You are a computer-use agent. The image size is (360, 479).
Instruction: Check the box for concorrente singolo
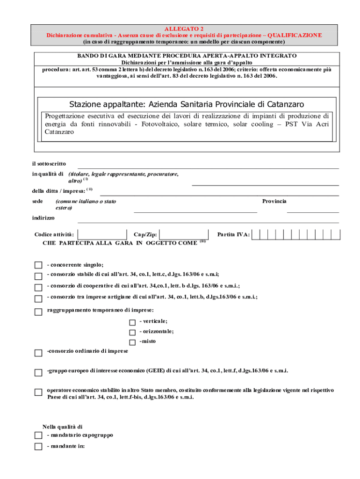[x=38, y=265]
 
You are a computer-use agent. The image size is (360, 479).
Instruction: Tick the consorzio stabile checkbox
[x=38, y=276]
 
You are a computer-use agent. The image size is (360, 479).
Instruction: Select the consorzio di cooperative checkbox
[x=38, y=287]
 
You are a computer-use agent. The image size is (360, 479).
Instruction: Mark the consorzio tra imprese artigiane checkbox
[x=38, y=298]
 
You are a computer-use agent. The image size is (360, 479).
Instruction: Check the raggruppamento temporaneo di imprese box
[x=38, y=312]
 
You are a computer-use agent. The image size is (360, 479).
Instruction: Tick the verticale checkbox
[x=132, y=322]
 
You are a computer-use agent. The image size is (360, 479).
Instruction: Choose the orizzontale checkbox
[x=132, y=332]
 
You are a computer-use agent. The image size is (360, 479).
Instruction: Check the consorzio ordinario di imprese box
[x=38, y=352]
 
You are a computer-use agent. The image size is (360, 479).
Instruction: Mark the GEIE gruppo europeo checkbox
[x=38, y=372]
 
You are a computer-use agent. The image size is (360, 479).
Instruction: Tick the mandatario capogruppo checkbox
[x=38, y=435]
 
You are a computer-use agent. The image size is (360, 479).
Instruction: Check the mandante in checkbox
[x=38, y=447]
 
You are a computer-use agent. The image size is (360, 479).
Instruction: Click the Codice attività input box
[x=102, y=234]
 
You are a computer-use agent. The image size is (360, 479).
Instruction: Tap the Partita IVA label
[x=233, y=234]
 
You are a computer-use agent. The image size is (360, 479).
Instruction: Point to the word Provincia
[x=274, y=201]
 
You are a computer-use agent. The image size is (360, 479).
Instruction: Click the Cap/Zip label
[x=145, y=234]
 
